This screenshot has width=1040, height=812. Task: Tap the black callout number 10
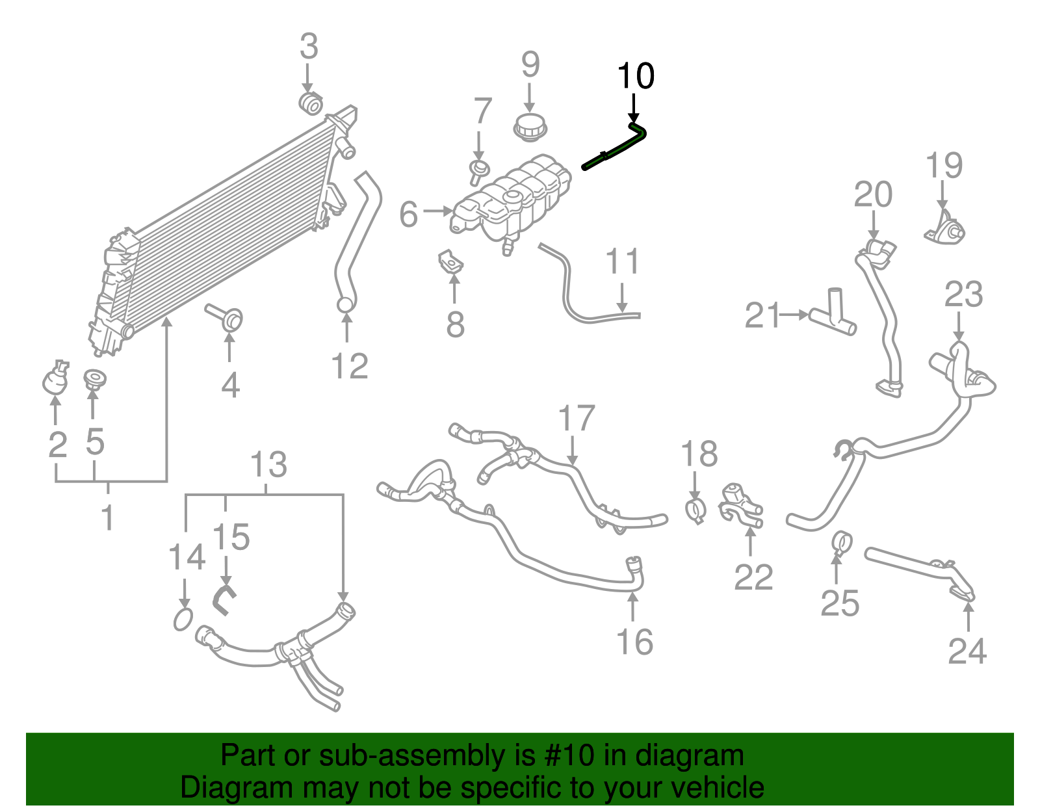click(636, 77)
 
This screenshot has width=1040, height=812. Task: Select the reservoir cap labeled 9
click(530, 125)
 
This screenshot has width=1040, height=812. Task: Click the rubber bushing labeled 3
click(311, 103)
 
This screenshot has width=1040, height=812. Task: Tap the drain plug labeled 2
click(55, 380)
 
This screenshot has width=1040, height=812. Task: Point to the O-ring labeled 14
click(183, 620)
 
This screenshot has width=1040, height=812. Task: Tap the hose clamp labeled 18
click(696, 510)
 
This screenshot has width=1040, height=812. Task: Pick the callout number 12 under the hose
click(350, 366)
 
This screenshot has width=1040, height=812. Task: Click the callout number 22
click(753, 577)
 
